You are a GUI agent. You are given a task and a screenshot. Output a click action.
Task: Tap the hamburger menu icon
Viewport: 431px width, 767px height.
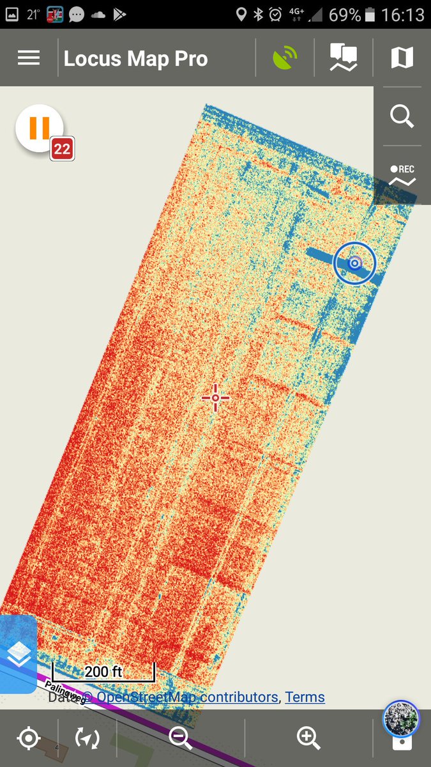(x=29, y=58)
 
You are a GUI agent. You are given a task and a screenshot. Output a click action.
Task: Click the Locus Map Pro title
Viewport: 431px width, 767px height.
(x=136, y=59)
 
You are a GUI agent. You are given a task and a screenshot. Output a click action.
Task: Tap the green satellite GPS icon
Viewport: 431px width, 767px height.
(x=285, y=59)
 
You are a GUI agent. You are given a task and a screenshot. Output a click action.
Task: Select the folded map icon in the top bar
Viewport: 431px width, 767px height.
(x=402, y=58)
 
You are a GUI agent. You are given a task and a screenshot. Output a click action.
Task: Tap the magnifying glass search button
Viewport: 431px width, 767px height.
(x=402, y=117)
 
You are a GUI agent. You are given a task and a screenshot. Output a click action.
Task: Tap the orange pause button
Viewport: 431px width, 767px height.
(x=39, y=128)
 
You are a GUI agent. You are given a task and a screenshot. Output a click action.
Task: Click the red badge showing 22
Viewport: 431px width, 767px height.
(x=62, y=150)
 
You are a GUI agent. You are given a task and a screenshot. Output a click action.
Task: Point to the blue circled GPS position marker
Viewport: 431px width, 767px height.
(x=354, y=263)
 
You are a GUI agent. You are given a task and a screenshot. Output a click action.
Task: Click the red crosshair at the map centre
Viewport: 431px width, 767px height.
(x=215, y=398)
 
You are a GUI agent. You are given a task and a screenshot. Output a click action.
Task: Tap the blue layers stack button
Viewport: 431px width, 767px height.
(x=19, y=654)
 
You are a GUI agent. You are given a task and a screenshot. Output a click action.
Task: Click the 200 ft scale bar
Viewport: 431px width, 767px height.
(x=103, y=672)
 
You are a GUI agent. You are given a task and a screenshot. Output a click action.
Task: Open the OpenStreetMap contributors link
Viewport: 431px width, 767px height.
(x=187, y=697)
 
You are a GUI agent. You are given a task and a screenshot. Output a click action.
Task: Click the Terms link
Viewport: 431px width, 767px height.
(x=305, y=697)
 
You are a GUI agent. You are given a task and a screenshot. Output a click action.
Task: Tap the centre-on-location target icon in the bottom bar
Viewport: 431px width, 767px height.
(x=29, y=738)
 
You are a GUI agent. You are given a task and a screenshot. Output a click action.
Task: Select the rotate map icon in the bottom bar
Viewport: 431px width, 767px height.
(x=87, y=738)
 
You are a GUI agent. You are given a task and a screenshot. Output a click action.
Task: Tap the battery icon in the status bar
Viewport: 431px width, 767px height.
(x=372, y=14)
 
